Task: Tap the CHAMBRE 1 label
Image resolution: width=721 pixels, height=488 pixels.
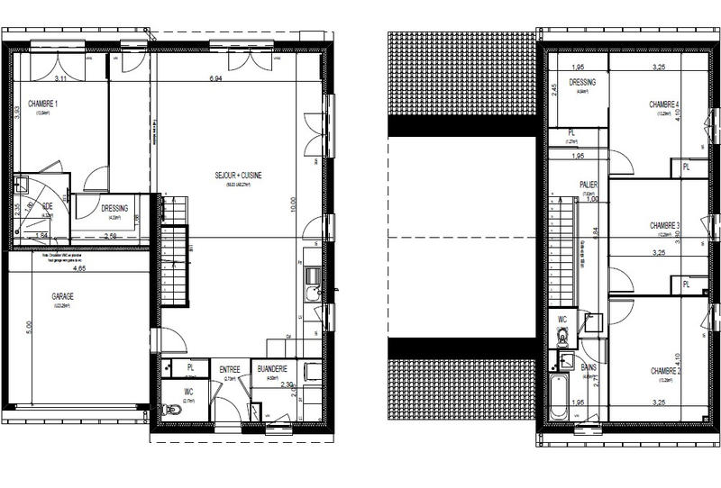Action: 42,104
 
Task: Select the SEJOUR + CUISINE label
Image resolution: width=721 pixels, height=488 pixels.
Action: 238,176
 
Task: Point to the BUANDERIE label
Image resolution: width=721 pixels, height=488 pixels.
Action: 272,369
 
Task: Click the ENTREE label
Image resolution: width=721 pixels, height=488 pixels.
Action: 230,369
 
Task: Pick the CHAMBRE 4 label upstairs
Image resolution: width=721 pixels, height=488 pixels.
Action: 664,105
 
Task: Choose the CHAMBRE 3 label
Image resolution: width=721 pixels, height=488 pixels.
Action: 664,225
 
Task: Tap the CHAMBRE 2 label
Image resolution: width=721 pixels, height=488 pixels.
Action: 664,370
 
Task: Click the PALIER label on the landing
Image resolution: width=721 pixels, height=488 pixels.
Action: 589,185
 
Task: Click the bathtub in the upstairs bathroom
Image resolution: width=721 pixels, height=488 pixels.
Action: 559,398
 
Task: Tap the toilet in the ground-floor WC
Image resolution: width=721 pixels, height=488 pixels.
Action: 171,411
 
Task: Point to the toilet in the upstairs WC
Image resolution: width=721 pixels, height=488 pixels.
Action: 561,337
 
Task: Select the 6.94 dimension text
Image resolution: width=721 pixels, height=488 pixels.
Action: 215,80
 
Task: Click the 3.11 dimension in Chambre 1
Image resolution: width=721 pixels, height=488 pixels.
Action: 61,80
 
